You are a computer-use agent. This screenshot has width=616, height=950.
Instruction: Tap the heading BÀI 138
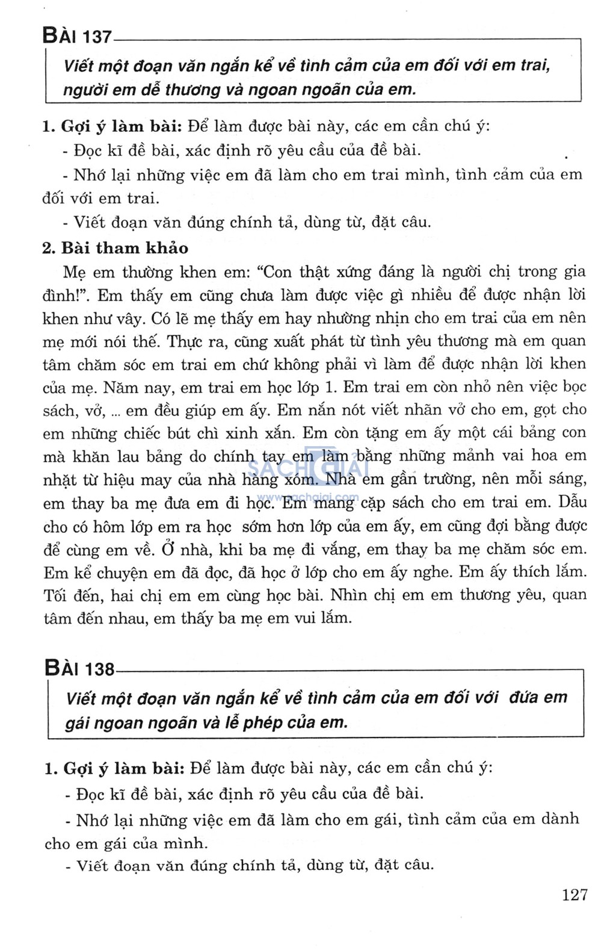(x=79, y=668)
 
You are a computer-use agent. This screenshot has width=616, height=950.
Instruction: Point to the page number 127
(x=574, y=895)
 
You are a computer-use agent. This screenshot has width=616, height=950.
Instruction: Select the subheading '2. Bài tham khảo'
(x=115, y=248)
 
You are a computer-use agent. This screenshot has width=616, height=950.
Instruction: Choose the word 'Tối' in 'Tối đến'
(x=55, y=596)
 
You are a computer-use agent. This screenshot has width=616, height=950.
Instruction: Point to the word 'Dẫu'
(x=572, y=502)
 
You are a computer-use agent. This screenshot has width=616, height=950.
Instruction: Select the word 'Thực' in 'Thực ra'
(x=185, y=341)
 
